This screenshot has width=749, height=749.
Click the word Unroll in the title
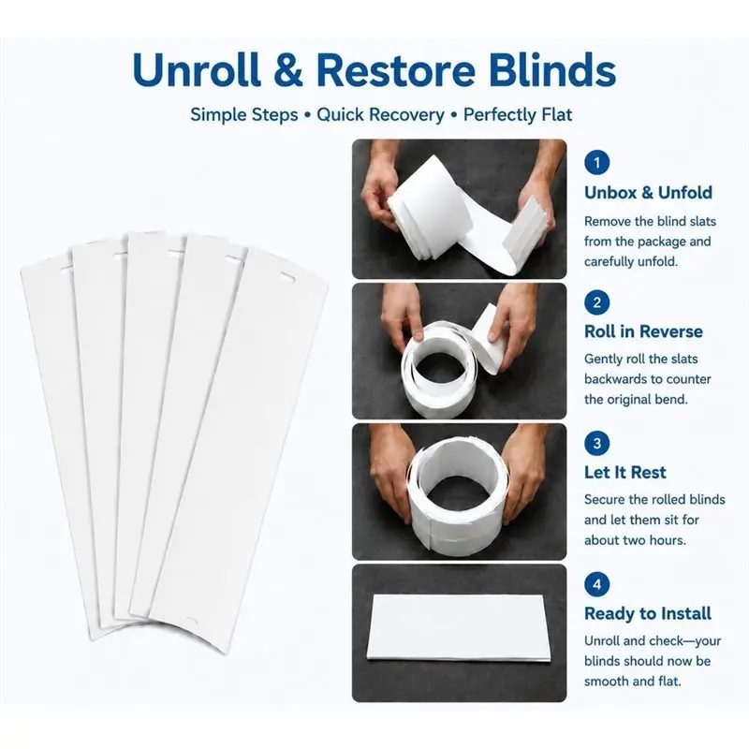pos(198,69)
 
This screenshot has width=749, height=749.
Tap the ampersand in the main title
pos(288,70)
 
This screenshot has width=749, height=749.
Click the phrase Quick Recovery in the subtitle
pos(380,114)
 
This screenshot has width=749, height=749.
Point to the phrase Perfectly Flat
pos(518,114)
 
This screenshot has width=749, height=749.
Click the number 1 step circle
pos(596,162)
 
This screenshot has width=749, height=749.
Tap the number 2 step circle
pos(596,302)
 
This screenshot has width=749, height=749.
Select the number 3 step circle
pos(596,443)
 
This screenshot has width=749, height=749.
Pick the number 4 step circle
pos(596,584)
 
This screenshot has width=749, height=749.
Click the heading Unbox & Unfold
pos(648,192)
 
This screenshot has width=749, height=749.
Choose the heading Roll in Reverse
pos(643,331)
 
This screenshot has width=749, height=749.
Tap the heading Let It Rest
pos(624,472)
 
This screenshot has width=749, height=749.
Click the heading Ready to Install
pos(648,613)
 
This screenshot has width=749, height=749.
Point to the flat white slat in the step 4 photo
pos(458,628)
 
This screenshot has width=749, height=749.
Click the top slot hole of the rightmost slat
pos(288,277)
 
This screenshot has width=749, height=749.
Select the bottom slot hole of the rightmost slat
pos(192,621)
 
